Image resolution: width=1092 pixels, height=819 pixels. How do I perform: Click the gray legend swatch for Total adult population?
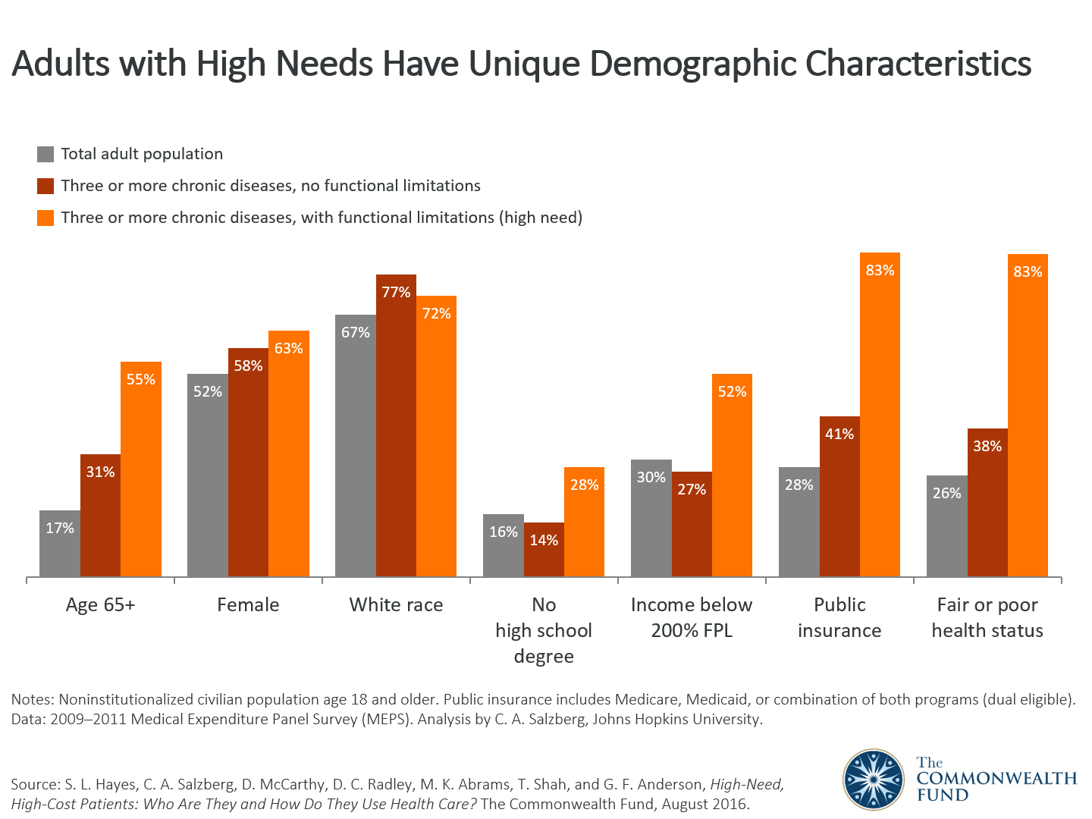(x=45, y=155)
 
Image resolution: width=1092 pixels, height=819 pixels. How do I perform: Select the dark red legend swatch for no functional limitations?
(x=45, y=187)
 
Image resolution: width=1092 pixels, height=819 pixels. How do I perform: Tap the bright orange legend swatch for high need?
(x=45, y=218)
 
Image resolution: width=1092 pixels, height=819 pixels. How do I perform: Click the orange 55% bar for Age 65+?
(x=141, y=470)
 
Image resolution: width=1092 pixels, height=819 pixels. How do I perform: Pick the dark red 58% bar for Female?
(x=248, y=463)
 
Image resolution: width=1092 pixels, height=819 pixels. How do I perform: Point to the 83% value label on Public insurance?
(x=880, y=271)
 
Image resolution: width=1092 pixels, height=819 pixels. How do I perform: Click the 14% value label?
(x=544, y=540)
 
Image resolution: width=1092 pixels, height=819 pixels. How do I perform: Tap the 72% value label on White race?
(x=436, y=313)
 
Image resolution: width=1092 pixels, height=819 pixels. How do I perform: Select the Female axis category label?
(x=248, y=605)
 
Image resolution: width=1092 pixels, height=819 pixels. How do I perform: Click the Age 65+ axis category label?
(x=100, y=605)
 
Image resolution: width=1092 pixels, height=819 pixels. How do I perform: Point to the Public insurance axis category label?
(x=839, y=617)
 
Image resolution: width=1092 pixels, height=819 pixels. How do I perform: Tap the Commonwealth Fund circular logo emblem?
(x=874, y=779)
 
